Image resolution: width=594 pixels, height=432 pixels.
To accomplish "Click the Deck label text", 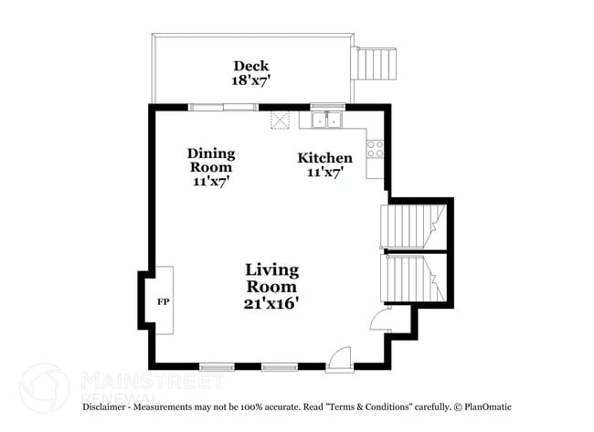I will [x=250, y=66].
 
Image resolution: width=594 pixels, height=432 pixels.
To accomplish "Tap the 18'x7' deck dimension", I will [x=250, y=80].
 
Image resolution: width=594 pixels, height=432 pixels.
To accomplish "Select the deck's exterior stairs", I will [x=376, y=64].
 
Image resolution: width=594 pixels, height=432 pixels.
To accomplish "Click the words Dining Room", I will [x=211, y=160].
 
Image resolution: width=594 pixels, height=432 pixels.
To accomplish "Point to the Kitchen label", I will [x=324, y=158].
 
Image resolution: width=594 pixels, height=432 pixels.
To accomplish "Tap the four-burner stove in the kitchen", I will [x=376, y=149].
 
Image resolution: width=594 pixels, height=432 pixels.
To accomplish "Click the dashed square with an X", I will [x=280, y=120].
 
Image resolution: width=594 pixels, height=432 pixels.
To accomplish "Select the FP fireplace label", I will [x=164, y=301].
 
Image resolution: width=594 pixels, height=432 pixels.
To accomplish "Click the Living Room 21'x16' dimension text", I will [x=271, y=303].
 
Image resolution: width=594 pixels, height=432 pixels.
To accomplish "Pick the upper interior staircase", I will [x=411, y=226].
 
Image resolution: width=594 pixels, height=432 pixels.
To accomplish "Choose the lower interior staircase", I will [x=411, y=278].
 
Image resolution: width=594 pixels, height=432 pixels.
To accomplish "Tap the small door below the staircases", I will [x=378, y=319].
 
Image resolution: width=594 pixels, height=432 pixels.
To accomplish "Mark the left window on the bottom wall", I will [x=217, y=366].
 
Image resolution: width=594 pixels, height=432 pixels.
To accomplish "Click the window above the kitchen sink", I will [x=325, y=107].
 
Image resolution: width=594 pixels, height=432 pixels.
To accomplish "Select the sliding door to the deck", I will [x=223, y=107].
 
